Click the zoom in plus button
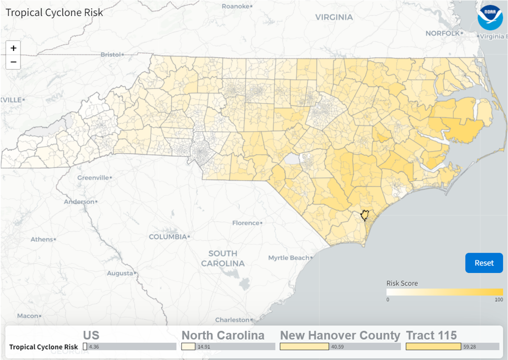[13, 48]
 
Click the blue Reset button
[483, 263]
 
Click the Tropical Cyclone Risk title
[54, 12]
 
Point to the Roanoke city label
[235, 6]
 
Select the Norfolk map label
[442, 33]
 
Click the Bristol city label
[110, 54]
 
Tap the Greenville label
[93, 177]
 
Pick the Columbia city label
[167, 236]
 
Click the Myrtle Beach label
[288, 258]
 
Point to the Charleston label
[232, 319]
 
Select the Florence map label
[245, 223]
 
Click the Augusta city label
[119, 273]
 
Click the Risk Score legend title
[402, 283]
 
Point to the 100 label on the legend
[498, 299]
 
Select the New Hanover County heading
[340, 335]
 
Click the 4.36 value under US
[93, 346]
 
